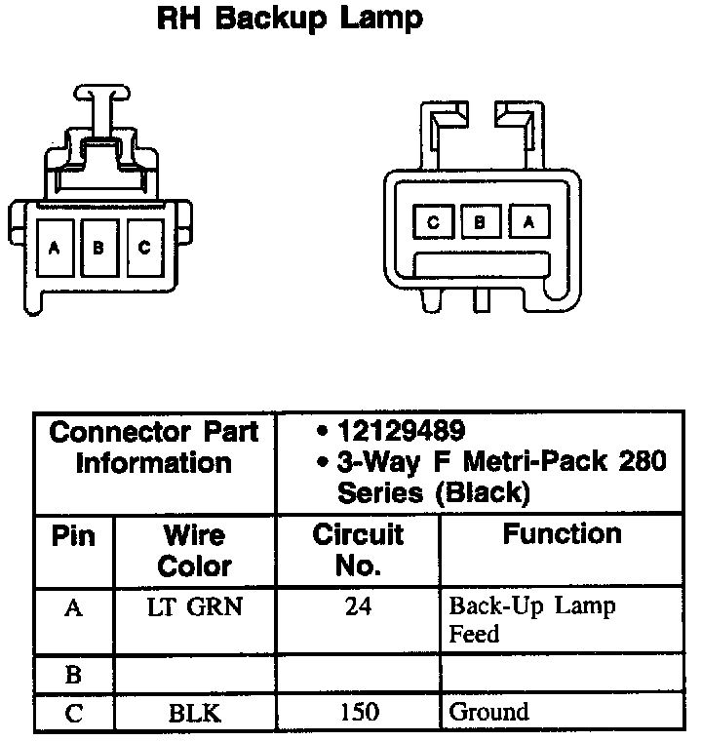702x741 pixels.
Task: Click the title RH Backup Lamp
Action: [290, 19]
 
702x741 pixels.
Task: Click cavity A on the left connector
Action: [54, 248]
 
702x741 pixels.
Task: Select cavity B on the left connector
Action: [98, 248]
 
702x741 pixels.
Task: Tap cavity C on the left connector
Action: [143, 248]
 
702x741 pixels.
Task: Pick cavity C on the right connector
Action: [433, 222]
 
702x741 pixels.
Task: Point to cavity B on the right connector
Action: [480, 222]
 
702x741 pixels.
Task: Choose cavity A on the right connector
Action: [527, 222]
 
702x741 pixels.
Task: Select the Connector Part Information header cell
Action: [155, 447]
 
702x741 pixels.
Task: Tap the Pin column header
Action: [72, 536]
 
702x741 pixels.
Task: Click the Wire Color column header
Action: [194, 550]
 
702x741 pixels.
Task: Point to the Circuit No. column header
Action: [357, 549]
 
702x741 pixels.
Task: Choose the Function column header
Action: [562, 534]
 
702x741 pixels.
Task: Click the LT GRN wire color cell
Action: [194, 607]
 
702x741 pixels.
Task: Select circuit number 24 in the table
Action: [358, 607]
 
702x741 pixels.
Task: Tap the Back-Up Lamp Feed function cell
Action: [531, 620]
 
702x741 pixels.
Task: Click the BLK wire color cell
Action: [194, 713]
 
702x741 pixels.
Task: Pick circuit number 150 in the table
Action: [358, 713]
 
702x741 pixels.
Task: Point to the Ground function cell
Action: [488, 713]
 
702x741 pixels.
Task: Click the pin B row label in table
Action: [73, 674]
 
